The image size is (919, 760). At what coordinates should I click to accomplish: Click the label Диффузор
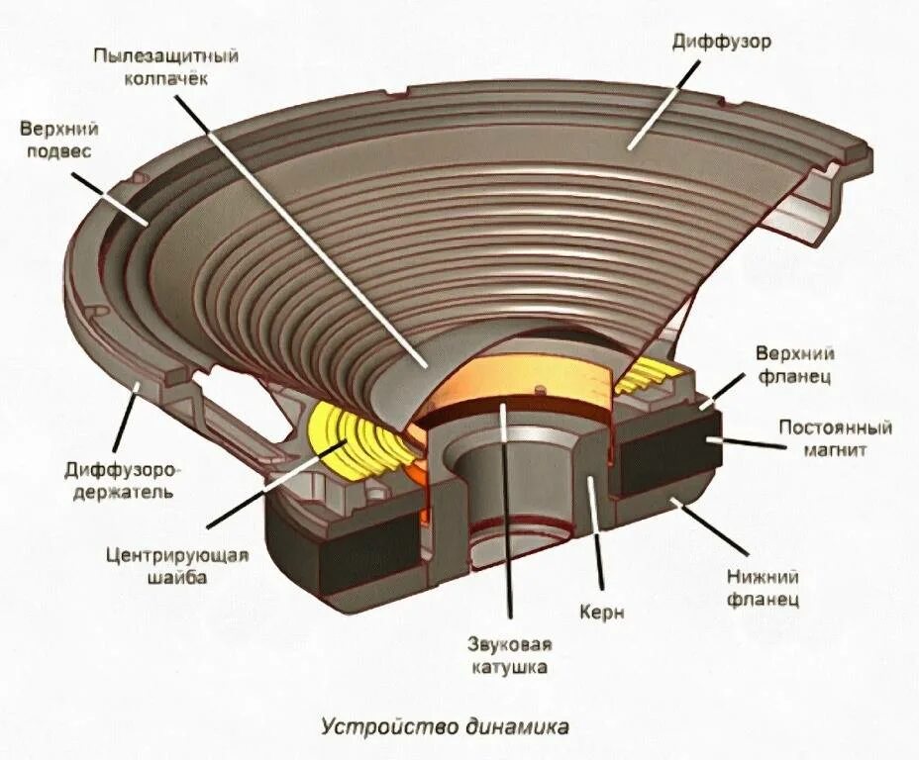721,43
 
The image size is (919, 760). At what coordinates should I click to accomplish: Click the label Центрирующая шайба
175,566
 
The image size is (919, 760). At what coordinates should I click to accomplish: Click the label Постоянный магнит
835,438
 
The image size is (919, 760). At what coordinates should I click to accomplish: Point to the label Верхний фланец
794,364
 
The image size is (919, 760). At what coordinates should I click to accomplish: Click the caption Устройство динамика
445,727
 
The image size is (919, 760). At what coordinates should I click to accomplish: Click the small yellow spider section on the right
648,376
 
